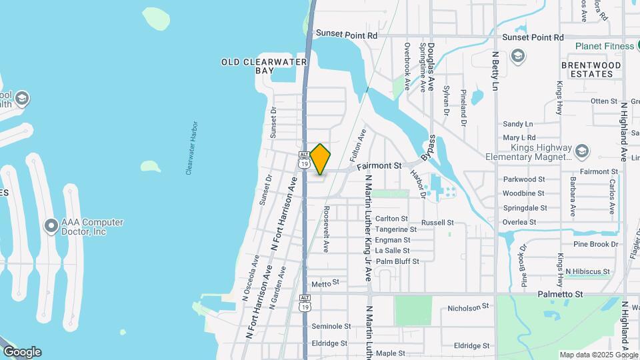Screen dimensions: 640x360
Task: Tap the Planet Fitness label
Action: pos(605,47)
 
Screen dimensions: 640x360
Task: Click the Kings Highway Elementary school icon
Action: pos(582,150)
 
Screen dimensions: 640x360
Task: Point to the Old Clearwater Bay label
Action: pos(264,66)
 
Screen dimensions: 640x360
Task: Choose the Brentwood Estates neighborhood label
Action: pos(591,69)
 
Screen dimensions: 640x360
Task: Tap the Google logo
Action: pos(22,352)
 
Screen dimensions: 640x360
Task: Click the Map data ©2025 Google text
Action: pos(598,355)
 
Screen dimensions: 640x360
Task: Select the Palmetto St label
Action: pos(561,294)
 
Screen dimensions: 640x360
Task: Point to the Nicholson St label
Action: pos(469,307)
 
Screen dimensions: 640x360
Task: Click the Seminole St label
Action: pos(331,326)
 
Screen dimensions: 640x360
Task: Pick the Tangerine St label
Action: pos(395,229)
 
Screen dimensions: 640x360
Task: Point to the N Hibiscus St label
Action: pos(587,272)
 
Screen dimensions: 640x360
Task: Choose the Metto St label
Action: pos(321,284)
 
